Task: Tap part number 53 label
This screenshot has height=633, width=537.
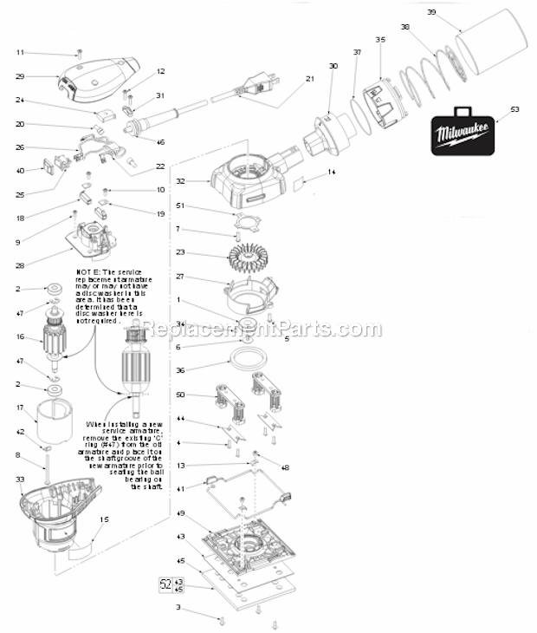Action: pyautogui.click(x=514, y=110)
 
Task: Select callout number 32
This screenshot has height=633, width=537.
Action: pyautogui.click(x=180, y=182)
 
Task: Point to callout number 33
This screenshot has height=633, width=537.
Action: pyautogui.click(x=20, y=478)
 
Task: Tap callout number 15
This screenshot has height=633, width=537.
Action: pyautogui.click(x=104, y=519)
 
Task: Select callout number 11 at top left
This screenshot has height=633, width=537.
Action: pyautogui.click(x=20, y=53)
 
